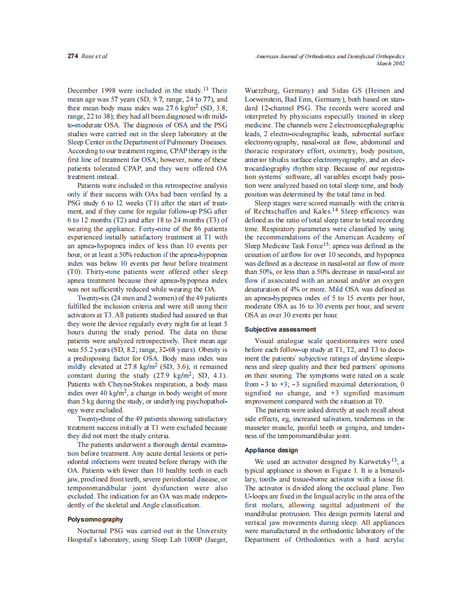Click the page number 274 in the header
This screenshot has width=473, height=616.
coord(72,57)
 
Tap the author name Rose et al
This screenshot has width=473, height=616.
coord(94,57)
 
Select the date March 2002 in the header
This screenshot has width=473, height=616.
coord(390,64)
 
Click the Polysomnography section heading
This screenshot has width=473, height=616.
coord(95,519)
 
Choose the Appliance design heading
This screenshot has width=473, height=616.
coord(271,450)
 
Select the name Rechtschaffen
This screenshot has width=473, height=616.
coord(279,211)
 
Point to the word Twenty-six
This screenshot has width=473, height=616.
coord(96,298)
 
